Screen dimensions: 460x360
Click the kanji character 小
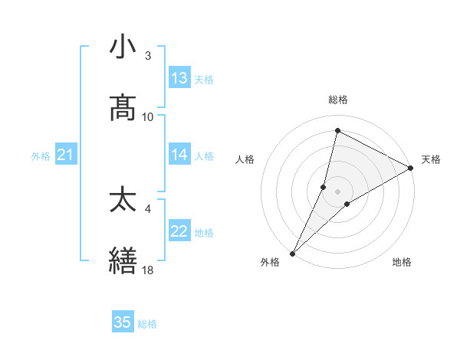tap(123, 47)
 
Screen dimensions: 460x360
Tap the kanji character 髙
tap(123, 108)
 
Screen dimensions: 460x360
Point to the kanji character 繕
tap(123, 261)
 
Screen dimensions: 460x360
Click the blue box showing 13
tap(179, 78)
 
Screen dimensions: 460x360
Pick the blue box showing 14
tap(179, 155)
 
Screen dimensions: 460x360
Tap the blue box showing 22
tap(179, 231)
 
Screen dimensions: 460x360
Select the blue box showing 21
tap(65, 155)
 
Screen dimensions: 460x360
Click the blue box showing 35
tap(123, 322)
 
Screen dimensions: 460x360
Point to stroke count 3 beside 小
tap(148, 56)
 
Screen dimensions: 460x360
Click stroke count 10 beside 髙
tap(148, 117)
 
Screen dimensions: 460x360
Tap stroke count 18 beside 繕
tap(148, 270)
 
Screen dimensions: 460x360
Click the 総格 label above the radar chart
tap(338, 100)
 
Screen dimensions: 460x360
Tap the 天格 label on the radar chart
tap(431, 159)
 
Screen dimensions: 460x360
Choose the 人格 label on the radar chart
tap(245, 159)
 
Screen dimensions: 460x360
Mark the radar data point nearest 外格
tap(292, 253)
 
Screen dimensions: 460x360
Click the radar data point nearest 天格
tap(411, 168)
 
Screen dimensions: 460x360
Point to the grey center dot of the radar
tap(338, 191)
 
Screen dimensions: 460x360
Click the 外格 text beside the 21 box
tap(41, 155)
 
